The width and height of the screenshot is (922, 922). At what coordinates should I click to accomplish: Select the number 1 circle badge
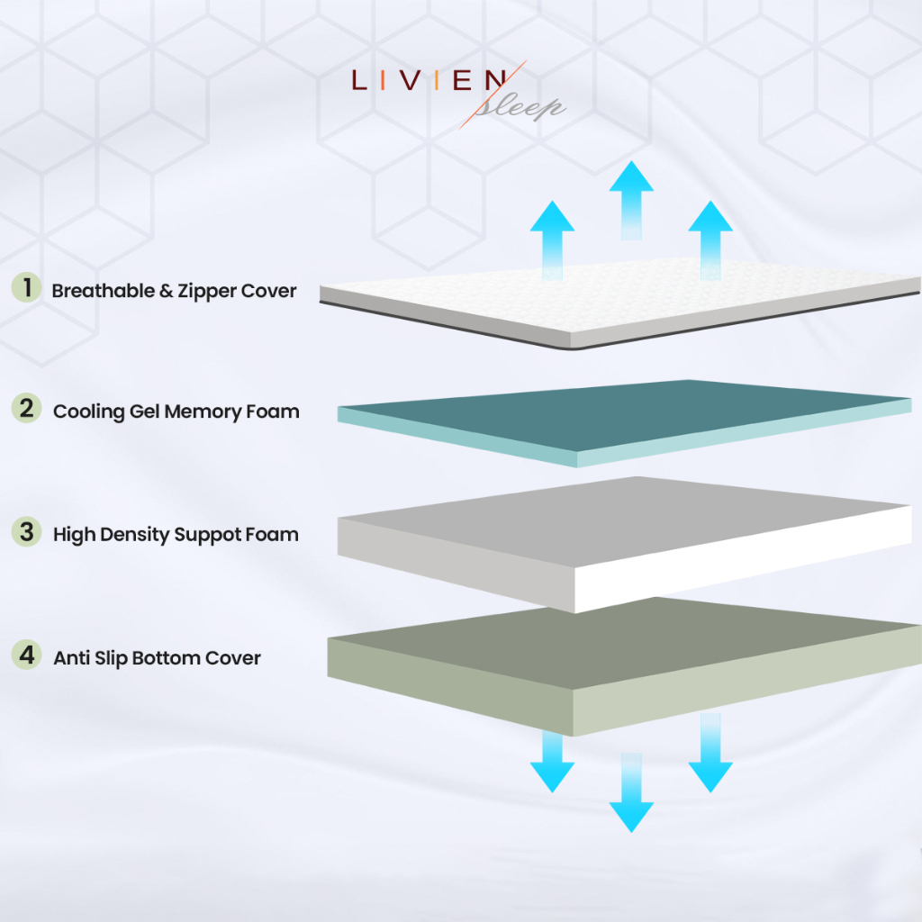coord(28,288)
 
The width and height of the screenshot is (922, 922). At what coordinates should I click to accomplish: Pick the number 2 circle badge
coord(28,409)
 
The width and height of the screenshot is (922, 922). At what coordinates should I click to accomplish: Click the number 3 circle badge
coord(28,531)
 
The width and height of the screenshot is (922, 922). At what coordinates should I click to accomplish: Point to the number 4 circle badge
coord(28,655)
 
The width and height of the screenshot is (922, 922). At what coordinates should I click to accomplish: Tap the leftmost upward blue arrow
coord(552,234)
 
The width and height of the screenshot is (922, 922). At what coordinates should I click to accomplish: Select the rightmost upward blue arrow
coord(710,234)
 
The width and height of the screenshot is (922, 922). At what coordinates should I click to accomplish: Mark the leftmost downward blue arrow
coord(552,761)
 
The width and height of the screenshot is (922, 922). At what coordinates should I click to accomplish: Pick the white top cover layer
coord(621,297)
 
